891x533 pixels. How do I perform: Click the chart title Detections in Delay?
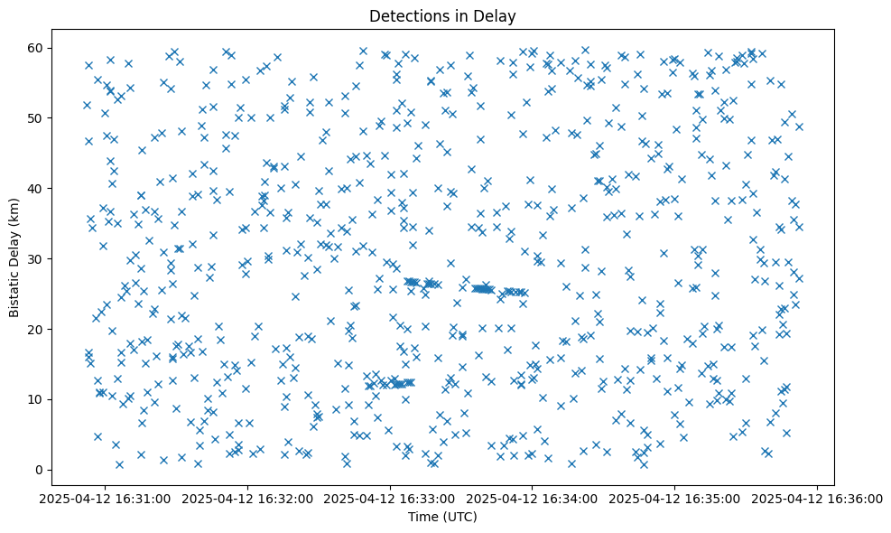(x=441, y=15)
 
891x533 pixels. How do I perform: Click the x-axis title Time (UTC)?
(x=441, y=517)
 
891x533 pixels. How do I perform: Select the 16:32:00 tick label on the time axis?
(x=247, y=498)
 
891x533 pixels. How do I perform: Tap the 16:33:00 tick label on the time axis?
(x=390, y=498)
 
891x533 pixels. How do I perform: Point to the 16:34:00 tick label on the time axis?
(x=533, y=498)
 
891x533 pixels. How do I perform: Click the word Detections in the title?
(x=409, y=15)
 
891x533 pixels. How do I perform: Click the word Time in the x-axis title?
(x=424, y=517)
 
